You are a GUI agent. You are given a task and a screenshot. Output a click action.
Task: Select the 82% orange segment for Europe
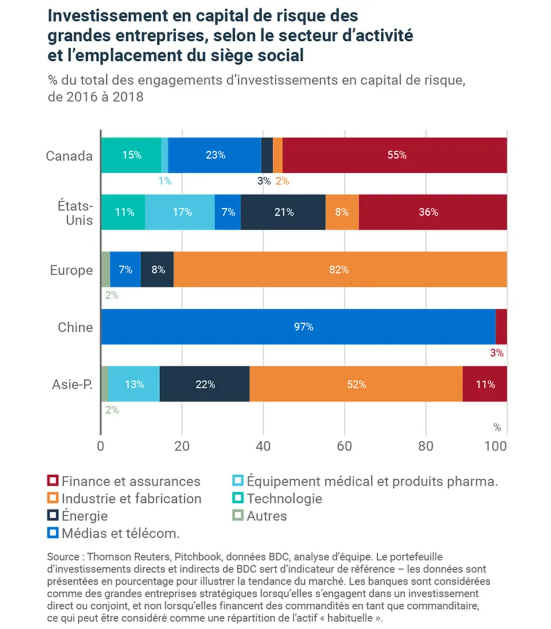pyautogui.click(x=340, y=269)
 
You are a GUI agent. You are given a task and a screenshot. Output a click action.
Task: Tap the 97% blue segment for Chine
pyautogui.click(x=298, y=327)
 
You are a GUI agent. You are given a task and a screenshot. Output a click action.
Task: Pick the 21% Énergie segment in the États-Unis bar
pyautogui.click(x=283, y=212)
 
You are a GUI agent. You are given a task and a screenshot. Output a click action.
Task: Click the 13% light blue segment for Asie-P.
pyautogui.click(x=134, y=384)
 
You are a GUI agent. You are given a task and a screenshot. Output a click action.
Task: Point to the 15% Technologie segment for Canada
pyautogui.click(x=131, y=155)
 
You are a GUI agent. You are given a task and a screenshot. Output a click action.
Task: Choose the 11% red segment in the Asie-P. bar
pyautogui.click(x=484, y=384)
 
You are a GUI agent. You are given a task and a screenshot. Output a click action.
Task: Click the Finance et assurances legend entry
pyautogui.click(x=131, y=481)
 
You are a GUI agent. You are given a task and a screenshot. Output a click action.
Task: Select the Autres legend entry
pyautogui.click(x=266, y=515)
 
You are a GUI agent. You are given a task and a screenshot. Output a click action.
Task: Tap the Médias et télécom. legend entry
pyautogui.click(x=121, y=533)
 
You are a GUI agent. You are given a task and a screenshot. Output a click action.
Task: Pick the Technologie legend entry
pyautogui.click(x=284, y=498)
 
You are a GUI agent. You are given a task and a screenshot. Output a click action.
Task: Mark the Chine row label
pyautogui.click(x=75, y=327)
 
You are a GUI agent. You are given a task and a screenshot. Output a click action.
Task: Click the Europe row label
pyautogui.click(x=71, y=270)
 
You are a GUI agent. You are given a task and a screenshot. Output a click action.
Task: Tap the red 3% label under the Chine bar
pyautogui.click(x=496, y=353)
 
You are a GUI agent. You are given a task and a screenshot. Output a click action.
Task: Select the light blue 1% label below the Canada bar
pyautogui.click(x=165, y=181)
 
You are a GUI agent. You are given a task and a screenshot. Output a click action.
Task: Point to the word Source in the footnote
pyautogui.click(x=63, y=557)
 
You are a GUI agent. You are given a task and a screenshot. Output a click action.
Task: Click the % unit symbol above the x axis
pyautogui.click(x=497, y=427)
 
